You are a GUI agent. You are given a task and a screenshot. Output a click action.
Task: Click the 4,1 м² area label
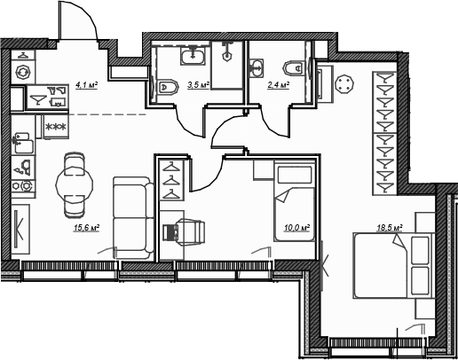(87, 85)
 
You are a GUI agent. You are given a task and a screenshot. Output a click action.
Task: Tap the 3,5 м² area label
(198, 85)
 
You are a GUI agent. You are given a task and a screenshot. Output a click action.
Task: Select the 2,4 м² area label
(278, 85)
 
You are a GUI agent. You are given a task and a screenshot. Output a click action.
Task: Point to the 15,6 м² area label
(86, 228)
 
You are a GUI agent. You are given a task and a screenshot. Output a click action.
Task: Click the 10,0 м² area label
(296, 228)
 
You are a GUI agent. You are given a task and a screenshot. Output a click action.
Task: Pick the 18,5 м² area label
(390, 228)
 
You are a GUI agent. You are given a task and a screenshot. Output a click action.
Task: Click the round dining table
(75, 185)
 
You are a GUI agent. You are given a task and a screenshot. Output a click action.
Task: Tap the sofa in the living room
(133, 218)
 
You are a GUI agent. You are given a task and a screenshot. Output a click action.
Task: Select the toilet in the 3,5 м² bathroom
(168, 87)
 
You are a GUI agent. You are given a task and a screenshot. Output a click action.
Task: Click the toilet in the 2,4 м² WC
(294, 68)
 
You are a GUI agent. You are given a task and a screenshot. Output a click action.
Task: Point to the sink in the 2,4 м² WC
(257, 68)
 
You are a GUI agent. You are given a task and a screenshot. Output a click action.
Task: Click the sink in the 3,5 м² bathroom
(193, 56)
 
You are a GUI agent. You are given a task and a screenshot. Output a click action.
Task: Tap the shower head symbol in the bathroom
(227, 51)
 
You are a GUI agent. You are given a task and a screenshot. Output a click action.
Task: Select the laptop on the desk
(170, 232)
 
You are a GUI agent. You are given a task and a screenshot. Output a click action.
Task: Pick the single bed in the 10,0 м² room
(295, 200)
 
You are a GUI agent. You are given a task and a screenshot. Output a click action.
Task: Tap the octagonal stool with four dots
(344, 84)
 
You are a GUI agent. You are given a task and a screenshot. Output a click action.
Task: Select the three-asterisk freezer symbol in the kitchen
(56, 127)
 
